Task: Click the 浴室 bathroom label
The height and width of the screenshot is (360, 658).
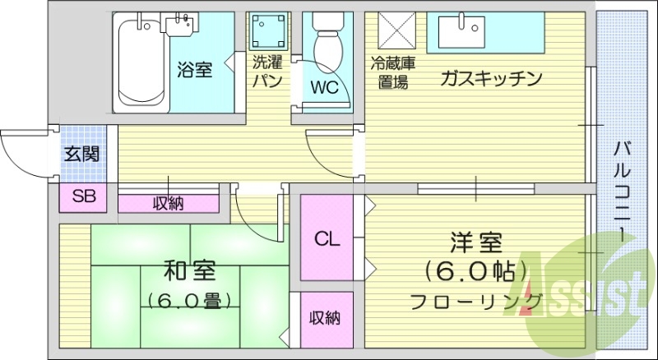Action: pyautogui.click(x=194, y=70)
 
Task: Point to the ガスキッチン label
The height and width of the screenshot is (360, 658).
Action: pyautogui.click(x=491, y=79)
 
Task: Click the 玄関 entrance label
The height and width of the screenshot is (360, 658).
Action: pyautogui.click(x=82, y=153)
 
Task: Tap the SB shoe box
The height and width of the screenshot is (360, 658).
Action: pyautogui.click(x=82, y=196)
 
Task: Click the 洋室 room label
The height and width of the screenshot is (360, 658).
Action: pyautogui.click(x=475, y=244)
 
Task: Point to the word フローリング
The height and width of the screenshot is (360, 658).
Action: pyautogui.click(x=477, y=300)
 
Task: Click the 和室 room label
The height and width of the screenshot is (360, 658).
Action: pyautogui.click(x=189, y=269)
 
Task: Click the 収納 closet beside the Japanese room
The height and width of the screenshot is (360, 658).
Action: pyautogui.click(x=326, y=317)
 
